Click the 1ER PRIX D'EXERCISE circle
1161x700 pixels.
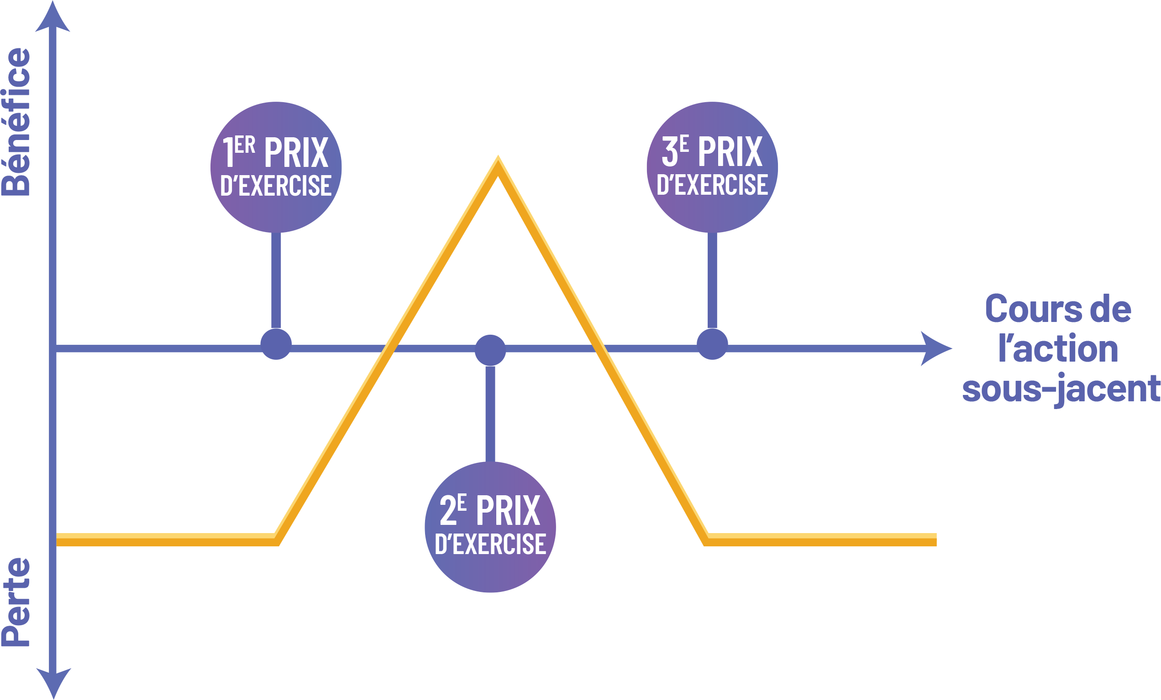(276, 167)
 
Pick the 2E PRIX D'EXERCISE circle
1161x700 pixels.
(490, 527)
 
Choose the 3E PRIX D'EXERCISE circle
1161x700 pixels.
(712, 167)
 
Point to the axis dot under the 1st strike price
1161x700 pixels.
(276, 344)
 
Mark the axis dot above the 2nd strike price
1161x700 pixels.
(490, 350)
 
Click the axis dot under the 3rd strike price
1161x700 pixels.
(712, 344)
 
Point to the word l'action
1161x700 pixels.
(1058, 349)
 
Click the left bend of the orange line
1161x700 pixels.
(277, 539)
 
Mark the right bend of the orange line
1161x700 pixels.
(706, 539)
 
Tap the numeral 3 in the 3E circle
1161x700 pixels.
(669, 152)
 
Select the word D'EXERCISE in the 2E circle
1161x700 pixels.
(490, 544)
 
